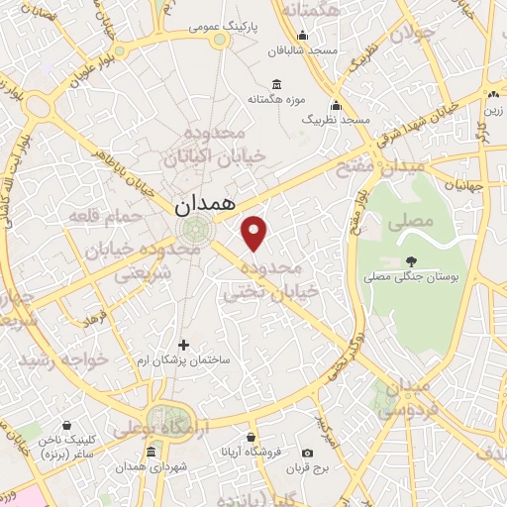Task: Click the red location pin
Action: click(255, 233)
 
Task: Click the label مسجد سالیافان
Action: click(308, 49)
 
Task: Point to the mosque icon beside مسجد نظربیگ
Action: click(337, 105)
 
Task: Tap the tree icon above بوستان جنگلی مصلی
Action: click(409, 262)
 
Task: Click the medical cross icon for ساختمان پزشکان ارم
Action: click(183, 345)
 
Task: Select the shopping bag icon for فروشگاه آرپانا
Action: click(252, 436)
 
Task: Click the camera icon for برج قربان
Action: click(322, 451)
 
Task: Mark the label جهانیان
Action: click(462, 184)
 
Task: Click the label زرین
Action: click(492, 110)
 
